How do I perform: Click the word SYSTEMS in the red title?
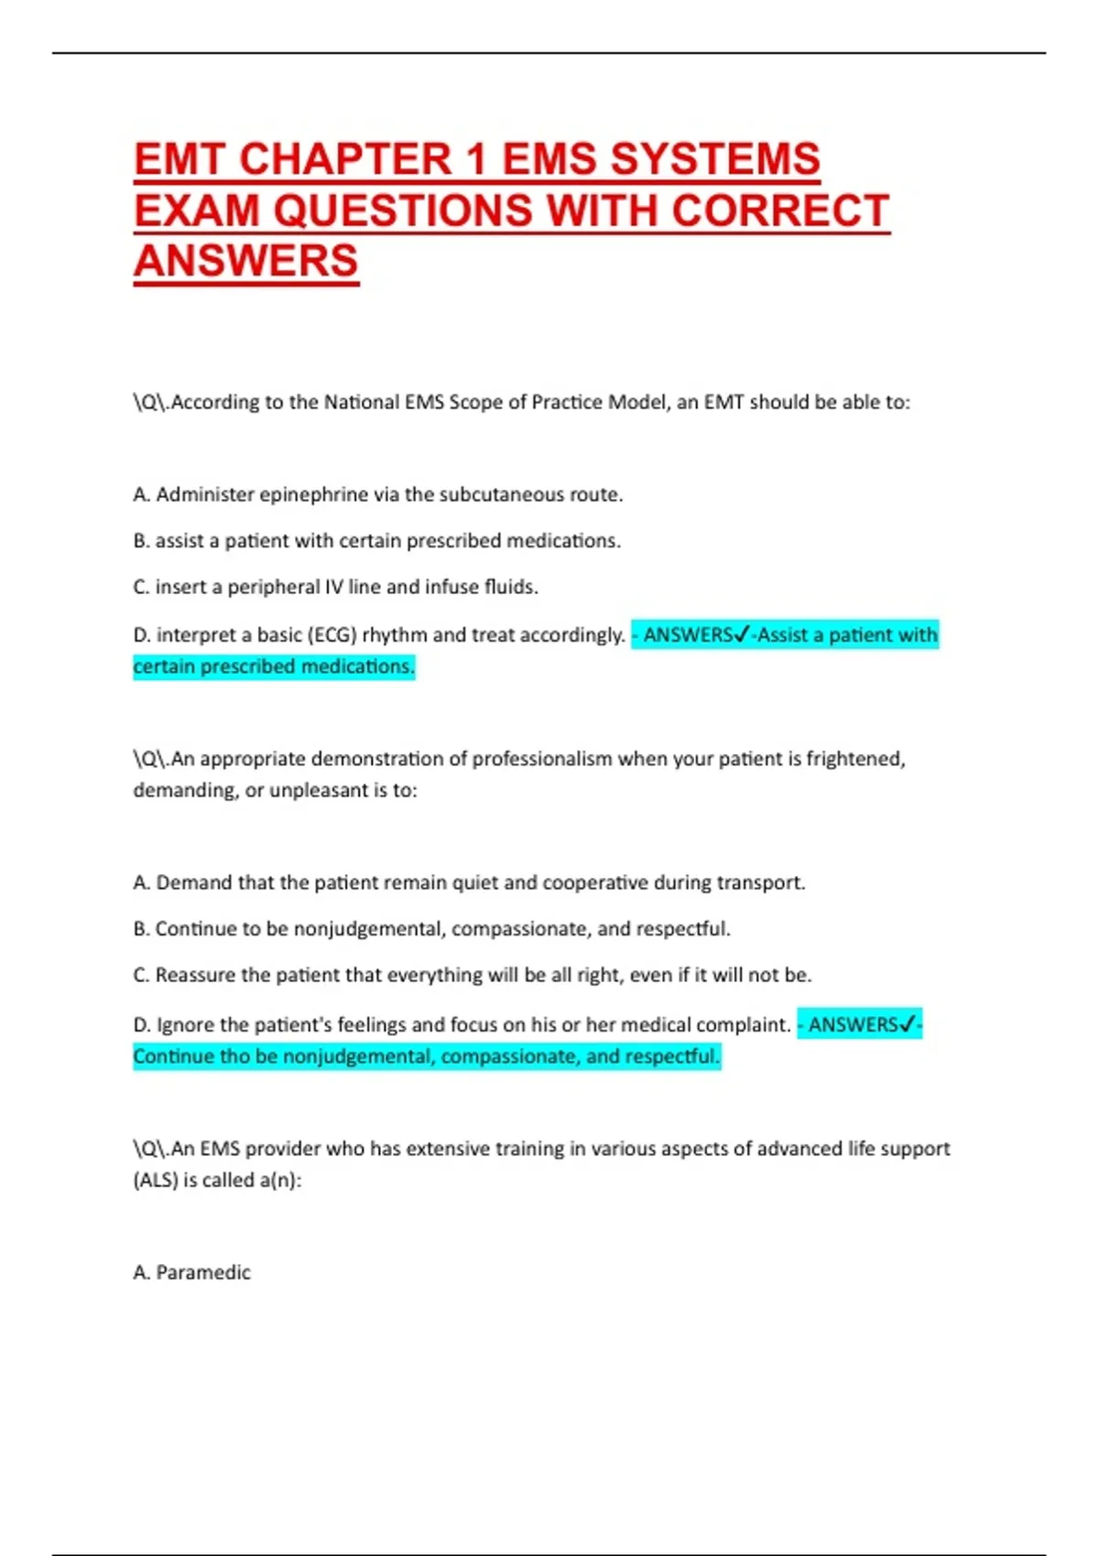714,159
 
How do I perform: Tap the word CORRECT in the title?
780,211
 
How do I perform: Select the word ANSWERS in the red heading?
246,261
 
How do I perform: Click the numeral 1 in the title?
475,159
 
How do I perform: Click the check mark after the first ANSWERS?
742,634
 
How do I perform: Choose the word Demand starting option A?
194,883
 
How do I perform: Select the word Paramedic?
203,1272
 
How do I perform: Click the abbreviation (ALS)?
155,1181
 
